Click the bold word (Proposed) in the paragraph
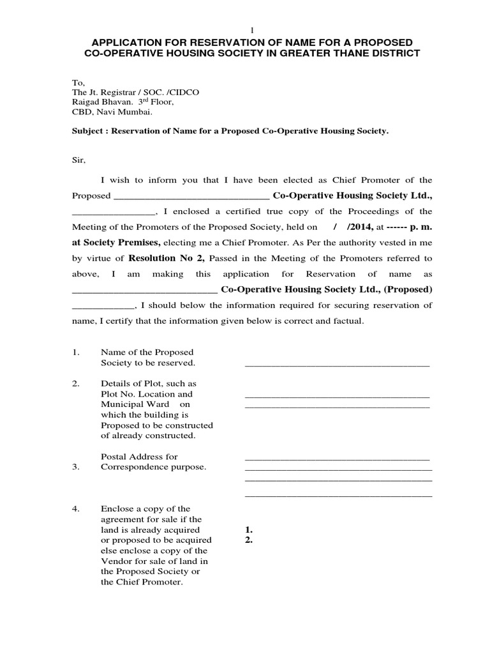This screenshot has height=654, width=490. (408, 289)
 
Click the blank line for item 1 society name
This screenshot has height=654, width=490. (337, 365)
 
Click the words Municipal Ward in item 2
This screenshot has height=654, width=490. (135, 404)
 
